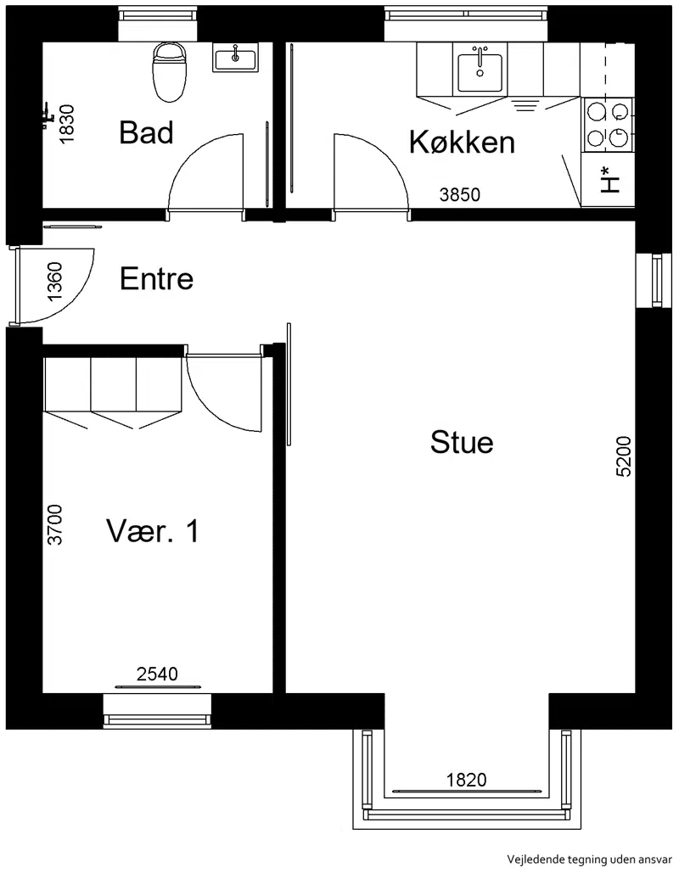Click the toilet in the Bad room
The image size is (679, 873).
coord(169,72)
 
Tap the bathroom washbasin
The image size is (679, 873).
coord(236,58)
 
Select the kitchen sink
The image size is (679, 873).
coord(480,73)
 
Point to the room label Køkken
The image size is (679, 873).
coord(462,142)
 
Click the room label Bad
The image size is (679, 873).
coord(147,132)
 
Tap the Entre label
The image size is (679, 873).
coord(156,278)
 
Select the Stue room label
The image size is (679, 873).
coord(462,443)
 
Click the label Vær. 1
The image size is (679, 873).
coord(153,530)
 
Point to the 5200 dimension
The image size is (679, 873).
coord(624,456)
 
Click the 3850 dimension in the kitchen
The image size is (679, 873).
coord(459,194)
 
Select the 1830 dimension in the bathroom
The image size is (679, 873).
coord(66,125)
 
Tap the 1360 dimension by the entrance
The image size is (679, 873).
coord(56,282)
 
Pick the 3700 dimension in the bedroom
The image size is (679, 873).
coord(54,524)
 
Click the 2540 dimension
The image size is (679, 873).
coord(157,674)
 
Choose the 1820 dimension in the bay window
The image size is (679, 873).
coord(466,780)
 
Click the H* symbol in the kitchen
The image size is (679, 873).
coord(610,180)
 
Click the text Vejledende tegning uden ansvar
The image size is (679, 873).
coord(589,859)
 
